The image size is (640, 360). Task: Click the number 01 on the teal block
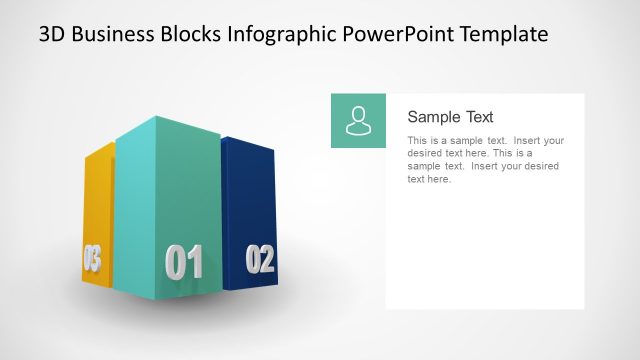(184, 262)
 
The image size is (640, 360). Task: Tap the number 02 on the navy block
(259, 260)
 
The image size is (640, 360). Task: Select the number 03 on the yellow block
(92, 260)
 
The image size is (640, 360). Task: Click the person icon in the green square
(358, 121)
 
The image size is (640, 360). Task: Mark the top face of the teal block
(165, 127)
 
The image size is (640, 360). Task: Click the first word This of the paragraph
(418, 141)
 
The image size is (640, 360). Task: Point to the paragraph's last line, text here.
(430, 180)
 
